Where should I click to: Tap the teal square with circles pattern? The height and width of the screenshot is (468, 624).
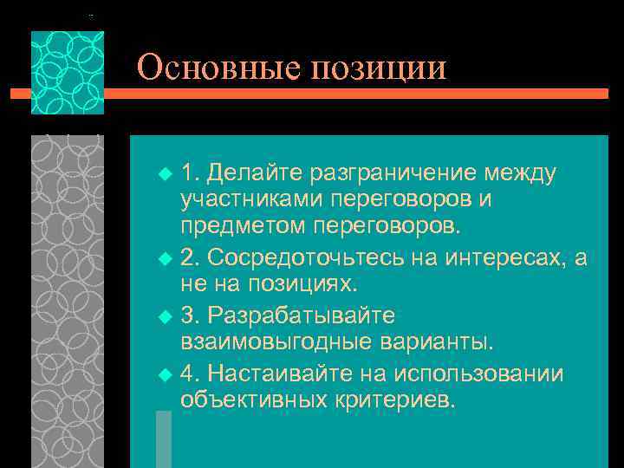tap(68, 73)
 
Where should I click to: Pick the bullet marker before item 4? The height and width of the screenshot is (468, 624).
tap(166, 374)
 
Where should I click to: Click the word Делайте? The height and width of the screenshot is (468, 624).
tap(251, 172)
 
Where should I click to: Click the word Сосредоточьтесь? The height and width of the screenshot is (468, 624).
tap(297, 257)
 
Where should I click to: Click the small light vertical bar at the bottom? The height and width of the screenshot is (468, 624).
tap(163, 439)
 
